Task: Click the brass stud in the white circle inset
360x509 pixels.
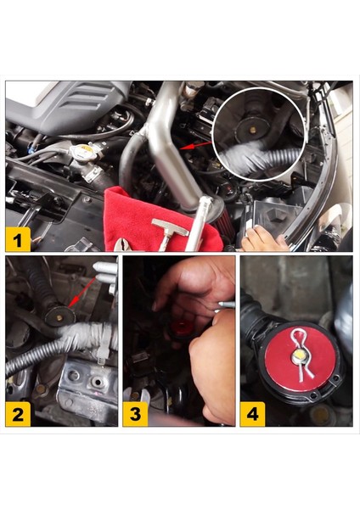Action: (x=252, y=129)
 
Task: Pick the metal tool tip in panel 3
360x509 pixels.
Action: (x=227, y=303)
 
